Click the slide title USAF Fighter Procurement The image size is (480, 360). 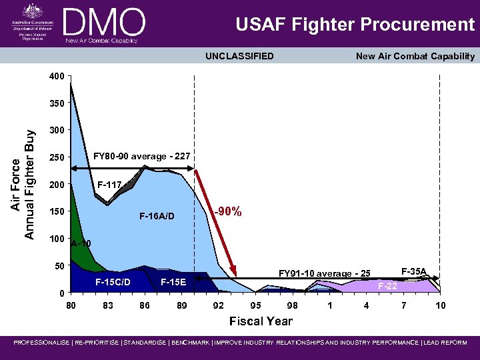pos(355,25)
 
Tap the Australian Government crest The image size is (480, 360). pos(31,11)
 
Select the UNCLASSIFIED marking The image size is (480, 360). pos(239,56)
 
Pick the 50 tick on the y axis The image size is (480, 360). pos(59,266)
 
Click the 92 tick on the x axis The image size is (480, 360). pos(218,305)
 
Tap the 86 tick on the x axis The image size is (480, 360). pos(144,305)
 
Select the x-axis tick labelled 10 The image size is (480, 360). pos(440,305)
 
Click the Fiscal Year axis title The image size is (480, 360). pos(261,321)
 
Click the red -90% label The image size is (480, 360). pos(227,212)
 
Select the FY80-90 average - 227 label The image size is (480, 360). pos(141,156)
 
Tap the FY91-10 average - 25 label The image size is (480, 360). pos(324,273)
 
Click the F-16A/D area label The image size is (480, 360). pos(157,216)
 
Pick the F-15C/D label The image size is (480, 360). pos(112,282)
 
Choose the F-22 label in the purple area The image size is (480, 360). pos(388,286)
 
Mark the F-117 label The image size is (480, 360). pos(109,185)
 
